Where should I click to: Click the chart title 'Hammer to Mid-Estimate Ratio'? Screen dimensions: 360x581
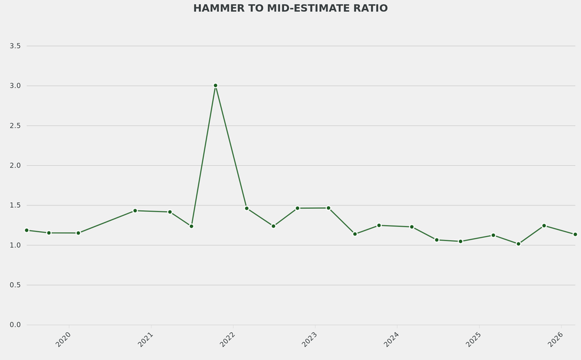290,9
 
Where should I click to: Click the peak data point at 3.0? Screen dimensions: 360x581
216,86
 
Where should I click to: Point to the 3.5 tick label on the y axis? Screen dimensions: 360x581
15,46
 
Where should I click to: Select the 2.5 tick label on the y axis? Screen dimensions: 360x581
15,125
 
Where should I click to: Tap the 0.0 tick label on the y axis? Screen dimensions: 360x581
15,325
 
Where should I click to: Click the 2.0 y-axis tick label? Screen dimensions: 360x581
15,165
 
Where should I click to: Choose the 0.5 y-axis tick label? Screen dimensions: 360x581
15,285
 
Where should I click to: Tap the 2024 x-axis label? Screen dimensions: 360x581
391,340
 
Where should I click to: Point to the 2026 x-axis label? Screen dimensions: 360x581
555,340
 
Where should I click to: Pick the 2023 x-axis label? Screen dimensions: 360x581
309,340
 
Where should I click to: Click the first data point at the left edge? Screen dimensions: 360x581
27,230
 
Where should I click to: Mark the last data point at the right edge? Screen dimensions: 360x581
575,235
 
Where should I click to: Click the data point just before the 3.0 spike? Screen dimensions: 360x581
191,226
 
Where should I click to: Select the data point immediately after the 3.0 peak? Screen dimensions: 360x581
247,208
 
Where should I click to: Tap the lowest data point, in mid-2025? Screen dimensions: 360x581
518,244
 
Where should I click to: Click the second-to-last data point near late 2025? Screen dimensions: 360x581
544,225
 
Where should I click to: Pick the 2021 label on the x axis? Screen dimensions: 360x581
145,340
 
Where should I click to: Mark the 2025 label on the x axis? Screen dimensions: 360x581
473,340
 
